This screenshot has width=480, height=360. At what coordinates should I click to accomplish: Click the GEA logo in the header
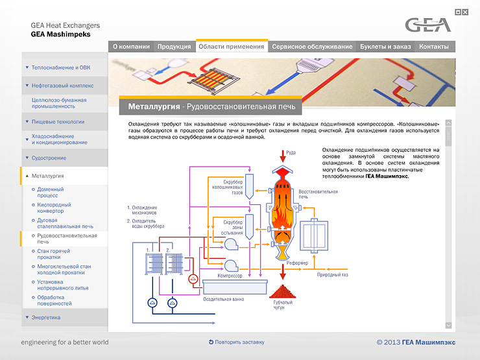427,25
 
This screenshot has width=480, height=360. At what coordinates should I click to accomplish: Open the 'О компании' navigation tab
131,47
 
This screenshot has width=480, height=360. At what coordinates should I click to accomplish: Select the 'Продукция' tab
174,47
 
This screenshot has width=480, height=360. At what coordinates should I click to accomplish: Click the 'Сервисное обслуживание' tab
312,47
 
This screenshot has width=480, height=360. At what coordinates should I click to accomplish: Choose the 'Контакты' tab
434,47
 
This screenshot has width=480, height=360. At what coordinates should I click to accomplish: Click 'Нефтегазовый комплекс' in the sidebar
63,85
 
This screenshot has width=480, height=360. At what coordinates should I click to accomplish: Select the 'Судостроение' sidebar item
49,158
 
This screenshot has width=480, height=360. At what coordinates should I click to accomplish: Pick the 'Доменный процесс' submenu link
51,192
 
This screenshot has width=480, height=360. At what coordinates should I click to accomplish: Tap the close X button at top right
465,12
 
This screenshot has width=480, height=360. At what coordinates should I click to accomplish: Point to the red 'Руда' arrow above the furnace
281,156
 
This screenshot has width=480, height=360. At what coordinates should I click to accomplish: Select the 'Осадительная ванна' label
224,300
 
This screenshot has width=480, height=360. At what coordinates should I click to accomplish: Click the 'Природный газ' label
332,275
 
